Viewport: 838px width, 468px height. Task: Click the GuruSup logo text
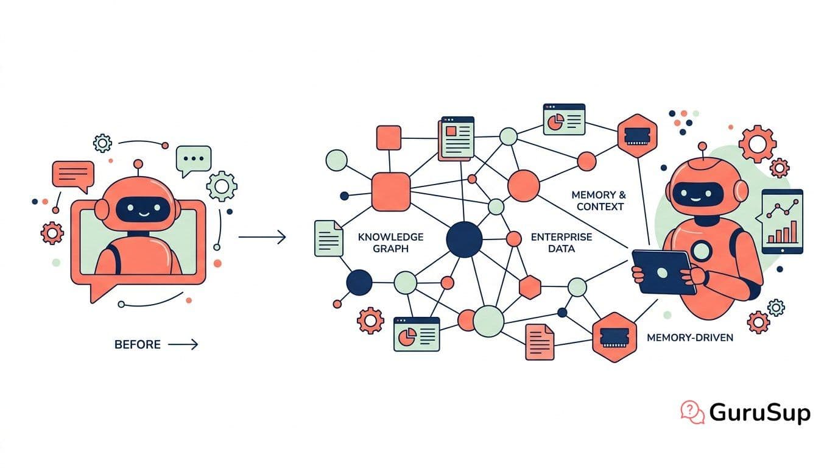(759, 413)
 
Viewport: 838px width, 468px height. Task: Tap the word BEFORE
(137, 344)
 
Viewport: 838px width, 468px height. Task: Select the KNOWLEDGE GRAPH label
(390, 243)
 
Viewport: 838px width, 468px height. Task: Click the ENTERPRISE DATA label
(562, 243)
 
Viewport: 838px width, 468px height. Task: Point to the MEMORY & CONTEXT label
(599, 200)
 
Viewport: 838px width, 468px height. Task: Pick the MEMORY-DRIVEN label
(690, 338)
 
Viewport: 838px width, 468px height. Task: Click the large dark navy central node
(464, 239)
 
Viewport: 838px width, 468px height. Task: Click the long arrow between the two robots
(262, 237)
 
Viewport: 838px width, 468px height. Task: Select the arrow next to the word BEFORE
(183, 344)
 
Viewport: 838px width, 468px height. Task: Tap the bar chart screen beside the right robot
(782, 222)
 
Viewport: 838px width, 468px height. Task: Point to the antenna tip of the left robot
(138, 164)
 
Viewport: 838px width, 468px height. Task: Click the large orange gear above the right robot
(758, 144)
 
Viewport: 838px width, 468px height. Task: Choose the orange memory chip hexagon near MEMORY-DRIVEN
(614, 338)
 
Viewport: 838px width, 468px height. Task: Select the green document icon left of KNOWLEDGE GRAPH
(329, 238)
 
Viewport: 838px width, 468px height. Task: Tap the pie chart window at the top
(564, 119)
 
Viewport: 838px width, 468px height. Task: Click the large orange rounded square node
(391, 192)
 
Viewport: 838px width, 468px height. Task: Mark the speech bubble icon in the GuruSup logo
(692, 412)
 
